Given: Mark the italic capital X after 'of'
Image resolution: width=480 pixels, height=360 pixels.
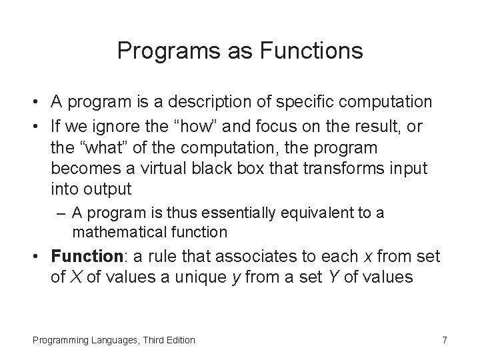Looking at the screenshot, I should pyautogui.click(x=73, y=277).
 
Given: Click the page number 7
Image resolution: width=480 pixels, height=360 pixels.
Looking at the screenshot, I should pyautogui.click(x=445, y=340).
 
